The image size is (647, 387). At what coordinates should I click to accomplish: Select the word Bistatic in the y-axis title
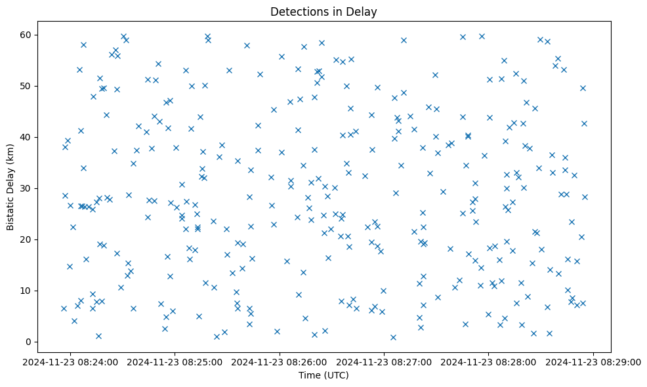coord(10,210)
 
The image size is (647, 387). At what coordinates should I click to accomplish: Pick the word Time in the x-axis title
coord(309,375)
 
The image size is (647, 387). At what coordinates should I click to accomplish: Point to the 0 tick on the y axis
coord(30,342)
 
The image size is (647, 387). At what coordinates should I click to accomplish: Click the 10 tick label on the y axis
coord(28,291)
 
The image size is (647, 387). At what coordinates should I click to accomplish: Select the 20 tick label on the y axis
coord(28,239)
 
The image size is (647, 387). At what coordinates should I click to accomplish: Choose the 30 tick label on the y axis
coord(28,188)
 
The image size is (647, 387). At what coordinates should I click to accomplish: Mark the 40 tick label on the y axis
coord(28,137)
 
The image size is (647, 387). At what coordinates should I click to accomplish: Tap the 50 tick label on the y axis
coord(28,86)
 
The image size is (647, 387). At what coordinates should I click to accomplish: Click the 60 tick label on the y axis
coord(28,35)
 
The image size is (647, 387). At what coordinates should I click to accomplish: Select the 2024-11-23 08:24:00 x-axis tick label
coord(71,361)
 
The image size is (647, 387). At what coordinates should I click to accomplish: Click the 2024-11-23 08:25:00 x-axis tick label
coord(175,361)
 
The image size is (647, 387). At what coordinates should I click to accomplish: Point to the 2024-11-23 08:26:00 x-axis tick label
coord(280,361)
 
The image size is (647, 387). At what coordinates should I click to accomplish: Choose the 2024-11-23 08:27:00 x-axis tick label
coord(385,361)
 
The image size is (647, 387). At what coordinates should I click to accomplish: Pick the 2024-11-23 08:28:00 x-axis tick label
coord(489,361)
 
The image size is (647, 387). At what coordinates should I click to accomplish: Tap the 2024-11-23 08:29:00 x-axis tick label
coord(594,361)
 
